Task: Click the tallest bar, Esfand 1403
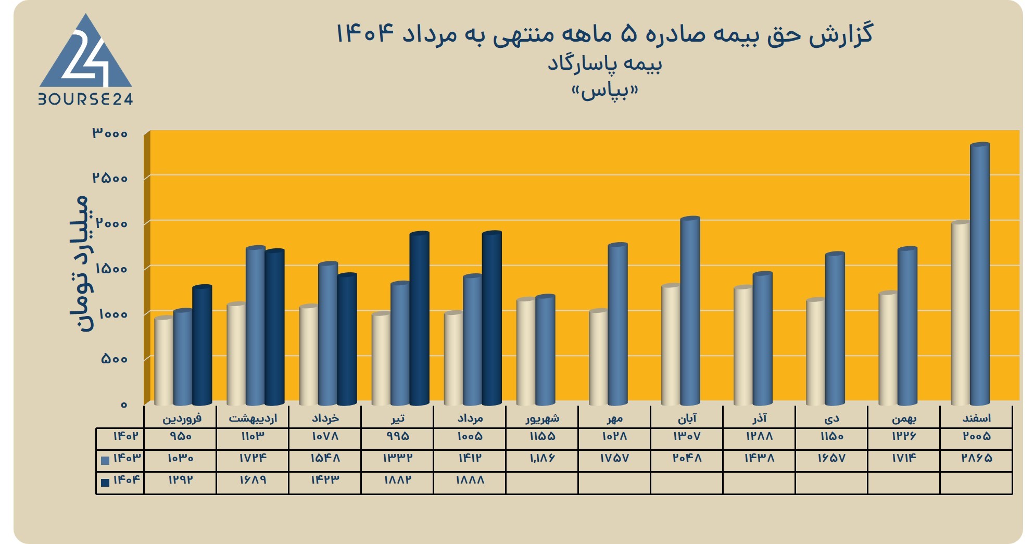(x=980, y=274)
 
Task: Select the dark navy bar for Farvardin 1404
(x=202, y=345)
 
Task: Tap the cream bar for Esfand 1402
(x=961, y=313)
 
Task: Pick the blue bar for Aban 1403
(x=690, y=311)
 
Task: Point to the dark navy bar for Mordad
(x=491, y=318)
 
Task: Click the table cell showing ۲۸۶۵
(x=977, y=458)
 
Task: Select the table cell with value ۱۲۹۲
(x=180, y=480)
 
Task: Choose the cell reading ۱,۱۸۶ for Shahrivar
(x=542, y=458)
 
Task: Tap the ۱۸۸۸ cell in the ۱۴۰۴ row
(x=470, y=480)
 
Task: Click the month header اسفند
(x=977, y=418)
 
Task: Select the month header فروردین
(x=182, y=418)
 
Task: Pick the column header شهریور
(x=543, y=418)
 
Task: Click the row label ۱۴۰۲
(x=125, y=436)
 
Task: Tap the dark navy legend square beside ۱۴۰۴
(x=105, y=483)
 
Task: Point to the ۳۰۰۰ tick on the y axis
(x=110, y=133)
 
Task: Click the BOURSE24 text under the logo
(x=86, y=99)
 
